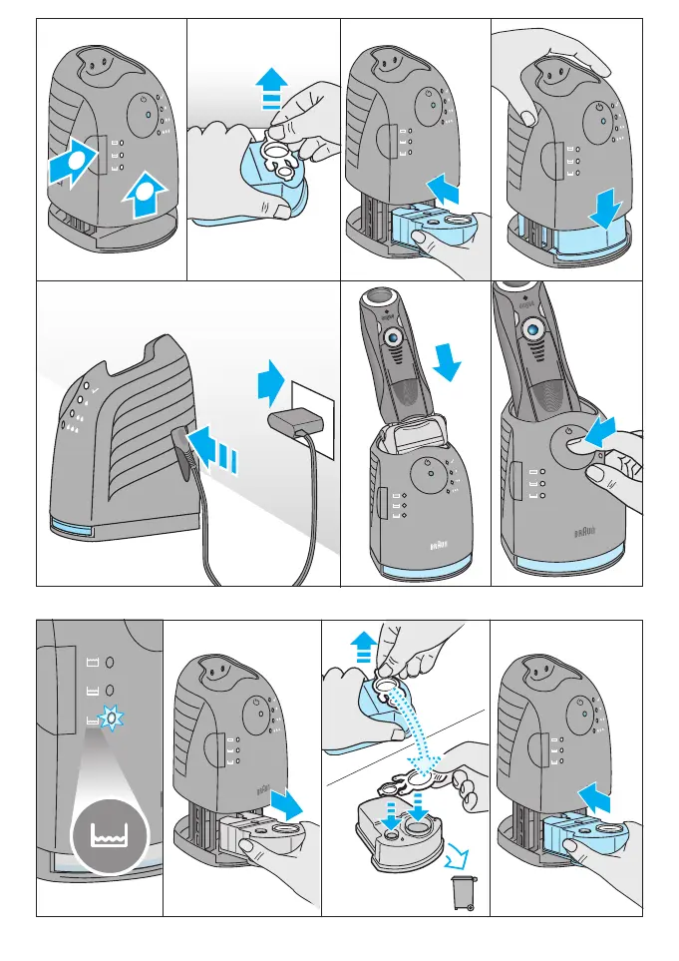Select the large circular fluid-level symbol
[107, 831]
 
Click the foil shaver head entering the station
[414, 435]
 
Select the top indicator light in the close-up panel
[112, 662]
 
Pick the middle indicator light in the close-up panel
[112, 691]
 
